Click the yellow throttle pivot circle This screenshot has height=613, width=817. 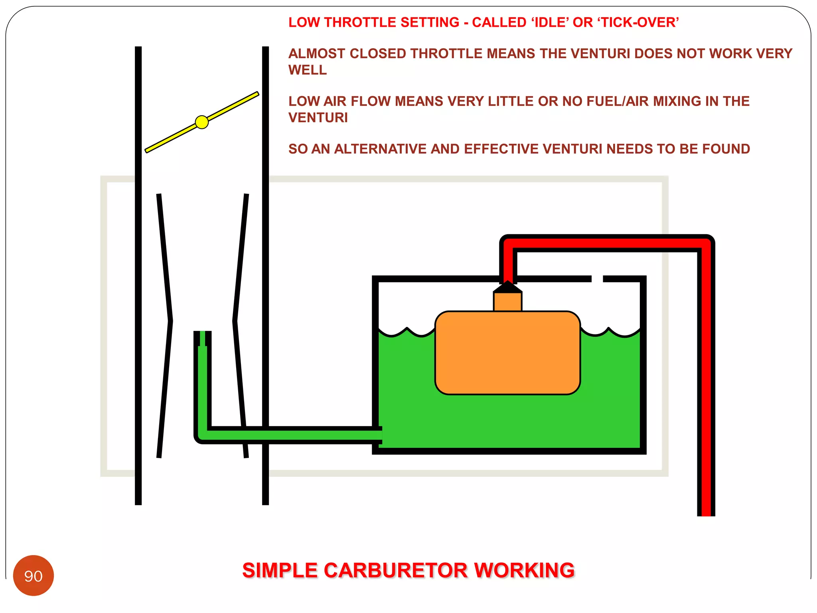point(202,122)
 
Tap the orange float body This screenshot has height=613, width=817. point(507,353)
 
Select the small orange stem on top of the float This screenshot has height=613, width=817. point(507,302)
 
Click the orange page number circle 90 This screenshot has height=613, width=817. point(34,575)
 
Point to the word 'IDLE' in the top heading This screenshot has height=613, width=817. point(549,23)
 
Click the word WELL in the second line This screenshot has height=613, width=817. point(308,70)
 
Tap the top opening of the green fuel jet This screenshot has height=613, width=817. point(203,334)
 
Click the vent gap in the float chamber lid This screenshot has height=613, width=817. point(597,279)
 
